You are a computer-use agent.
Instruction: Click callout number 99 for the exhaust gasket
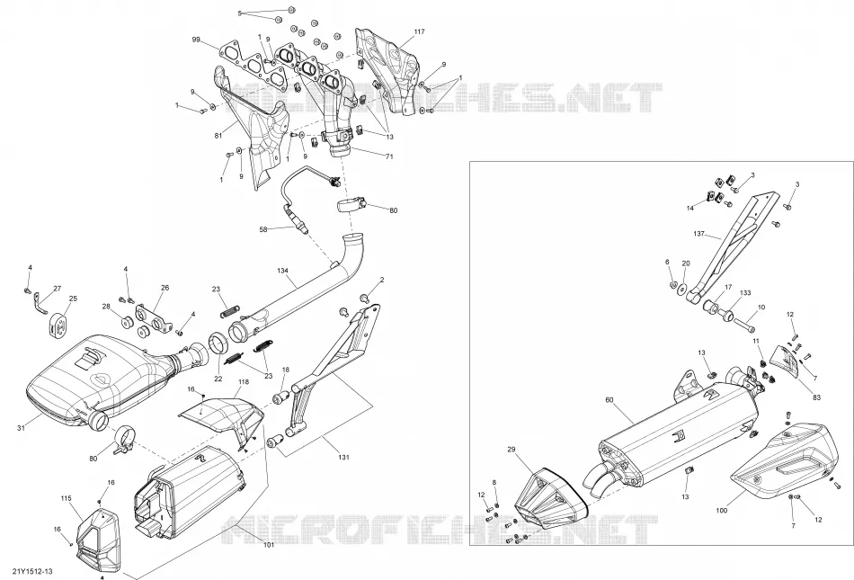click(x=196, y=40)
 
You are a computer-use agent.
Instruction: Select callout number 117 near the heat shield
click(x=419, y=32)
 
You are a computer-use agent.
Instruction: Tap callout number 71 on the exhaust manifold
click(x=389, y=156)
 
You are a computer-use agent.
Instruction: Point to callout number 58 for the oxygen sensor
click(x=263, y=230)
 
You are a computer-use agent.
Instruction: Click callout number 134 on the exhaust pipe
click(x=282, y=271)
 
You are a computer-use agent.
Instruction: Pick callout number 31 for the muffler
click(x=21, y=429)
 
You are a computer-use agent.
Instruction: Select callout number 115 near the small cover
click(x=66, y=498)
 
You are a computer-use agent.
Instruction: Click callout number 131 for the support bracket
click(x=343, y=458)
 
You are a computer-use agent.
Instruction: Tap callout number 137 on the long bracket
click(x=698, y=234)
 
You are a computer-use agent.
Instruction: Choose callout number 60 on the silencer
click(x=609, y=400)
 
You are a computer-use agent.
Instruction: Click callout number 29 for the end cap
click(x=511, y=450)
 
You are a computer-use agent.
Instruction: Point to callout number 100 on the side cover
click(x=721, y=511)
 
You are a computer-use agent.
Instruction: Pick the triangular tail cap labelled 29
click(x=550, y=498)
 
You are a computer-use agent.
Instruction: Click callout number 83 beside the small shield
click(x=816, y=398)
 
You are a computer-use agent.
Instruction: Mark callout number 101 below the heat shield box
click(x=269, y=544)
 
